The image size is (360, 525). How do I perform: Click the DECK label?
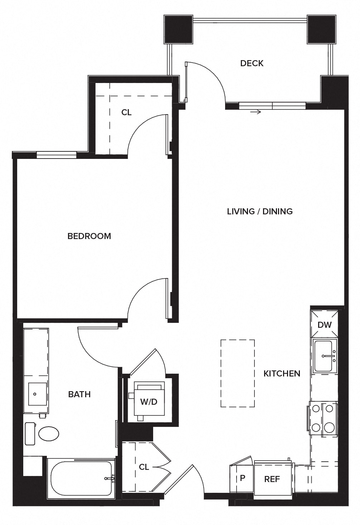(x=252, y=63)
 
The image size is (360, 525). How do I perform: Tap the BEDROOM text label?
(x=89, y=236)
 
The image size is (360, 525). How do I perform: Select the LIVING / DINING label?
(x=260, y=212)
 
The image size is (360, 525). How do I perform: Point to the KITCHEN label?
(x=282, y=374)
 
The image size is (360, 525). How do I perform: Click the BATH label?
(x=79, y=394)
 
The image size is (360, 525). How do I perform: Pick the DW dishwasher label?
(x=325, y=325)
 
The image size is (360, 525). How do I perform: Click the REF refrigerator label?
(x=272, y=479)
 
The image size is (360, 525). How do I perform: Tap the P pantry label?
(x=242, y=478)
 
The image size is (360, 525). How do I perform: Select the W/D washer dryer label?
(x=149, y=402)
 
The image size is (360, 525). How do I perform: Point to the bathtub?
(x=81, y=478)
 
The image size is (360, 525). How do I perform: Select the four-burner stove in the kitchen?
(x=323, y=418)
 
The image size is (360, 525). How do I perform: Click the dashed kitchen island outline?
(x=238, y=373)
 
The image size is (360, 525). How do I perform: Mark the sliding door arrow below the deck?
(x=256, y=112)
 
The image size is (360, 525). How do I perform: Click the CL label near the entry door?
(x=144, y=467)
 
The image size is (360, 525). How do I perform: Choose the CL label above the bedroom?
(x=126, y=112)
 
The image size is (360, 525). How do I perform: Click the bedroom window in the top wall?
(x=57, y=155)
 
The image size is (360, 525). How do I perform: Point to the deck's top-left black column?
(x=178, y=29)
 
